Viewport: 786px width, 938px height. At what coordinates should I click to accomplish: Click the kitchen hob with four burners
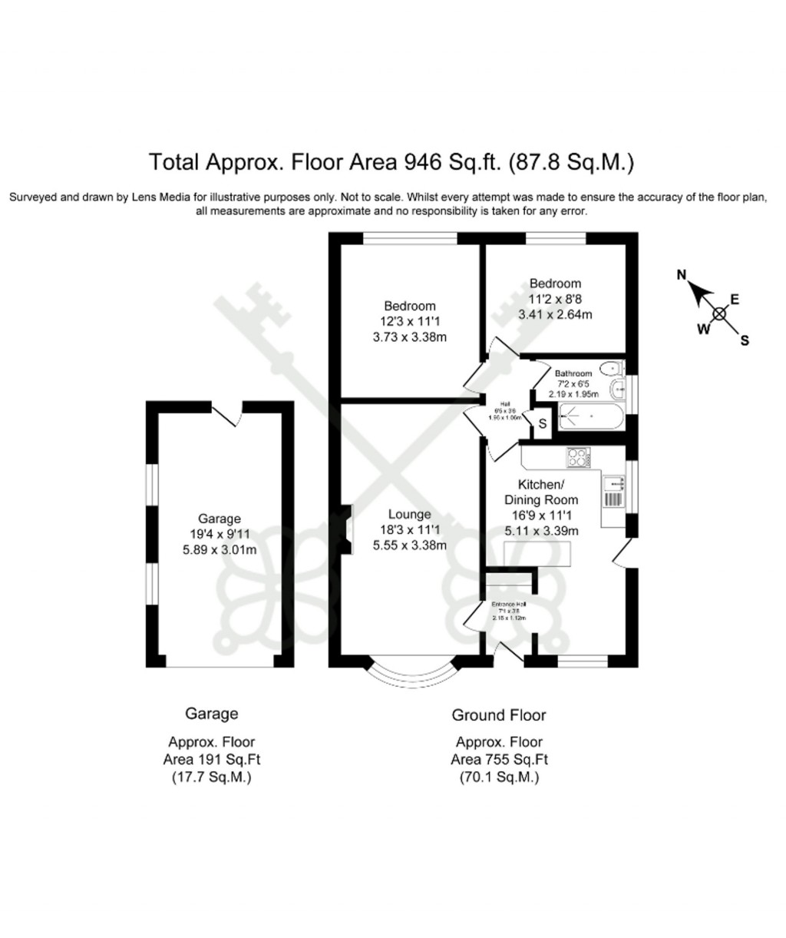point(577,458)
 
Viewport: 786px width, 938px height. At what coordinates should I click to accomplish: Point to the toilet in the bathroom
point(616,390)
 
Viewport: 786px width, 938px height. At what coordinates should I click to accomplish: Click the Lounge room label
point(409,514)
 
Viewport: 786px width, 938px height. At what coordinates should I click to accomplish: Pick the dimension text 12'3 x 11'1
point(409,321)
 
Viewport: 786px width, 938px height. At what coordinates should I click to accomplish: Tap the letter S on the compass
point(744,342)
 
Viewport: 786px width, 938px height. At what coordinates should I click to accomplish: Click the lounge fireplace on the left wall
point(347,529)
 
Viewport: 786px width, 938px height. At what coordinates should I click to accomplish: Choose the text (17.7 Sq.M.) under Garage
point(211,777)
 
